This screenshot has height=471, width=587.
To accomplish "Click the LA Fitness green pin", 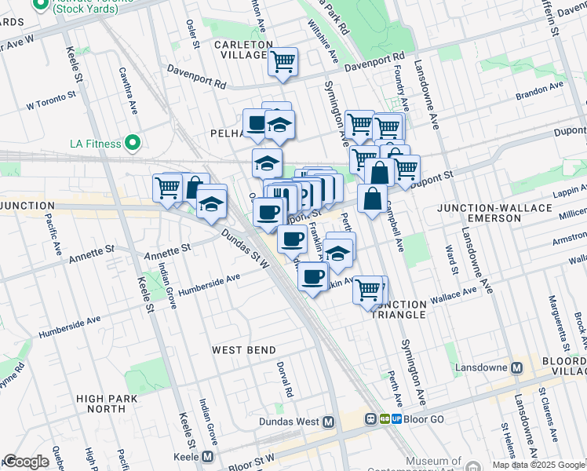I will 133,143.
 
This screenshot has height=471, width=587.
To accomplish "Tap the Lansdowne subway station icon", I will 517,367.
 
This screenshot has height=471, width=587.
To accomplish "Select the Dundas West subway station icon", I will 329,422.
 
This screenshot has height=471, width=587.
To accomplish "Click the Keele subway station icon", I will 207,456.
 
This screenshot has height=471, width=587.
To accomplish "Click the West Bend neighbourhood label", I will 243,349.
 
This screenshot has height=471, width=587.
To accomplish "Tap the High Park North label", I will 102,403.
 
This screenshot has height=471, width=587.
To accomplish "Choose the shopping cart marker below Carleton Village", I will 283,61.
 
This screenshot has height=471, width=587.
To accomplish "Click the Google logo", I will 26,462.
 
